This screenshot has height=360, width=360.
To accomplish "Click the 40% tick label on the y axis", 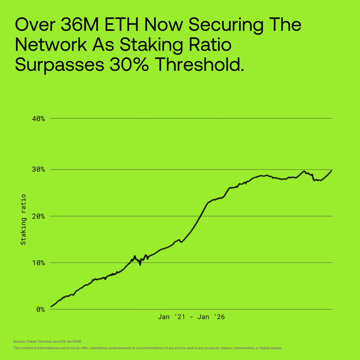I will click(x=38, y=119).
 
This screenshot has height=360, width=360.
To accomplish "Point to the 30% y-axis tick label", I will click(x=38, y=170).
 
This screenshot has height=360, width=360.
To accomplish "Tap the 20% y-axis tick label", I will click(x=38, y=216).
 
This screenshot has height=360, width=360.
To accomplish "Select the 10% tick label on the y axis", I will click(x=38, y=263).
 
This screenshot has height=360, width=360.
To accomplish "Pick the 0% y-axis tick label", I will click(x=40, y=309).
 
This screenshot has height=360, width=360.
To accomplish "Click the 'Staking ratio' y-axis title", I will click(x=23, y=219).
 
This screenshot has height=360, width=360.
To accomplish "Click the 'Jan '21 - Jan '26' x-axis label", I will click(x=191, y=317).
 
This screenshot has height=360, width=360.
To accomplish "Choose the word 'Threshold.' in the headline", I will click(x=198, y=65).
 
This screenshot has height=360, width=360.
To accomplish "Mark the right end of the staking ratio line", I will click(x=332, y=170).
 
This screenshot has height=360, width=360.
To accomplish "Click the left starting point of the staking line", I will click(x=51, y=307).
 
